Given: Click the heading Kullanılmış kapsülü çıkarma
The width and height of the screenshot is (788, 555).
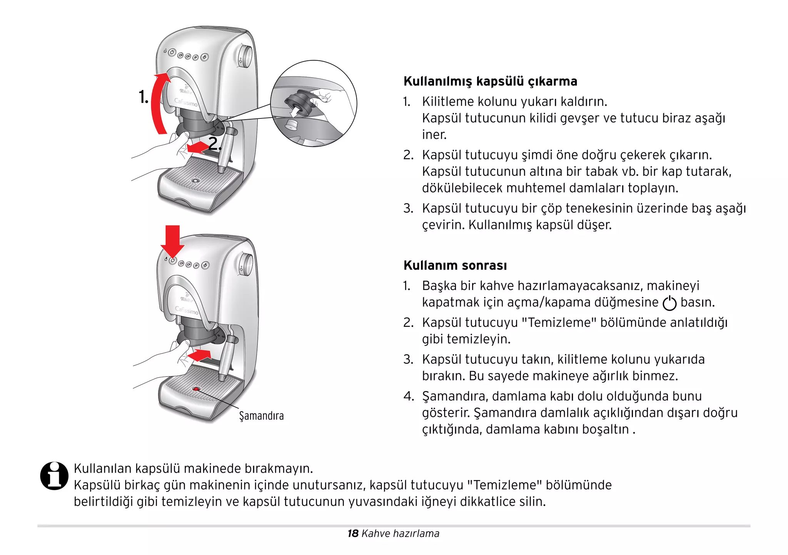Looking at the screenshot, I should tap(490, 82).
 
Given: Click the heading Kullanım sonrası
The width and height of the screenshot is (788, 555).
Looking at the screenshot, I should tap(455, 265).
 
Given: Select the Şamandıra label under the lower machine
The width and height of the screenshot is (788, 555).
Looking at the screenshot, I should tap(261, 416).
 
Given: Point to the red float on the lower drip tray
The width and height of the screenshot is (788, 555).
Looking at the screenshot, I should tap(196, 389).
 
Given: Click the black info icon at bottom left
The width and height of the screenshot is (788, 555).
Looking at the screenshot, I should tap(54, 476).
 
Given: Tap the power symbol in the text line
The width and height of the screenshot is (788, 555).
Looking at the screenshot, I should tap(669, 303).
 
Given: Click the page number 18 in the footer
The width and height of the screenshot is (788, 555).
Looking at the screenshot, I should tap(352, 533).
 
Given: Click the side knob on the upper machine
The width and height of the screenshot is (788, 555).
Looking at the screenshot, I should tap(245, 56).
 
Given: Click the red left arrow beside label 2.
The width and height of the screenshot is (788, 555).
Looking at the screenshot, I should tap(197, 147).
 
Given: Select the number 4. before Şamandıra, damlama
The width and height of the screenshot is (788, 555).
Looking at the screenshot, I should tap(408, 396).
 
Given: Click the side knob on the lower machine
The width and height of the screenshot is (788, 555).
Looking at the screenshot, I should tap(246, 265).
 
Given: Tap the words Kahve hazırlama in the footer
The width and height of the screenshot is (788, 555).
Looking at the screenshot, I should tap(400, 533).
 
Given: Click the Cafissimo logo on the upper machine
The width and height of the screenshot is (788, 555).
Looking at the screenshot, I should tap(186, 103).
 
